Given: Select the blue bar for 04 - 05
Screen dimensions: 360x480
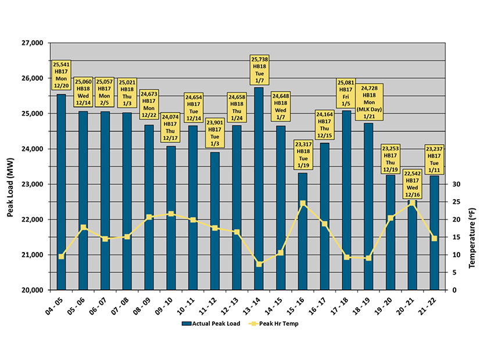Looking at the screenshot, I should click(x=61, y=192).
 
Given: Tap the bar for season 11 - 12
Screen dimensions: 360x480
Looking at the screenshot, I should click(x=214, y=221).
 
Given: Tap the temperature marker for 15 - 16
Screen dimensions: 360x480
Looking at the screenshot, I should click(x=303, y=203).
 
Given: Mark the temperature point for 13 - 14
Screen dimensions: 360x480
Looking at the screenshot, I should click(x=259, y=264).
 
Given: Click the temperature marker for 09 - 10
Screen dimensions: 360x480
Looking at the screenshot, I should click(x=171, y=214).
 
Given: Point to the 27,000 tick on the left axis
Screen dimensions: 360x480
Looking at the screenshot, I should click(x=35, y=43).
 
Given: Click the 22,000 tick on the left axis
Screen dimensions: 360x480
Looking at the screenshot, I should click(x=35, y=219).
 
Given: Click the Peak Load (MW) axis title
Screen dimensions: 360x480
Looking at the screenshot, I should click(x=10, y=167).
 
